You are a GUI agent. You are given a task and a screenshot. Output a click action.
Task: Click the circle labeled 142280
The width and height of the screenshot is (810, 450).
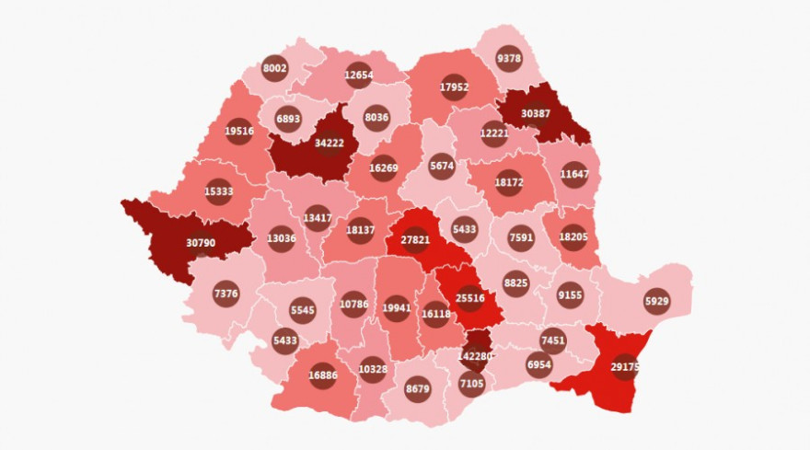(475, 356)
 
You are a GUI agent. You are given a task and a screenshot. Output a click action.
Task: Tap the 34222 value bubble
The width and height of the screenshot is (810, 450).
(329, 144)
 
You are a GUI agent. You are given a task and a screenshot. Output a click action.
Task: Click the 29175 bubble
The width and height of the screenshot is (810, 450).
(625, 367)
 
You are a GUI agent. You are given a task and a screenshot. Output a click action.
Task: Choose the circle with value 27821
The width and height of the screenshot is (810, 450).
(415, 239)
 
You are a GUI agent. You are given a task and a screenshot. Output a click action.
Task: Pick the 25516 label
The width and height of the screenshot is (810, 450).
(470, 298)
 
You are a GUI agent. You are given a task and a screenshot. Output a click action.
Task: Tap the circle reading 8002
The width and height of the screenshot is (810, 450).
(275, 68)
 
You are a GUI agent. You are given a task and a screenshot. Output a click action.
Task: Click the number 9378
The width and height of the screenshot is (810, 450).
(508, 58)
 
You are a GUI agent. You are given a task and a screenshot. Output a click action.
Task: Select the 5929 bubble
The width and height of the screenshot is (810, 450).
(656, 301)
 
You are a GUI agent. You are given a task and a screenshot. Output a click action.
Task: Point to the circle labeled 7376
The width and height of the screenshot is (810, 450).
(226, 294)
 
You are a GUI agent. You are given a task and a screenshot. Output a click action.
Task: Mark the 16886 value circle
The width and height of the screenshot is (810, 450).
(322, 375)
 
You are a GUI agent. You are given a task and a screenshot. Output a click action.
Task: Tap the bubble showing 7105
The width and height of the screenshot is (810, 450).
(471, 383)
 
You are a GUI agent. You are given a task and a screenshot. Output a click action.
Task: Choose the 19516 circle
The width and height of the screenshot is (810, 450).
(239, 131)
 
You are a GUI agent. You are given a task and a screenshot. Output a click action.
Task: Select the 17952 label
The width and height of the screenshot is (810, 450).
(454, 87)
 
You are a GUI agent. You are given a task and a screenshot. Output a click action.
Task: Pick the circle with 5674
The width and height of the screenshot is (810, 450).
(442, 167)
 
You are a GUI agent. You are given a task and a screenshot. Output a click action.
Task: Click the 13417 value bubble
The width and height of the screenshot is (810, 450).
(317, 218)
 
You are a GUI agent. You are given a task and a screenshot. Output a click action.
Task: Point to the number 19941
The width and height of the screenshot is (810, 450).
(397, 307)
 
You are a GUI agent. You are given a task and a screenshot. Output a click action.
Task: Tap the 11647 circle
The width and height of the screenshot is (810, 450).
(574, 174)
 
